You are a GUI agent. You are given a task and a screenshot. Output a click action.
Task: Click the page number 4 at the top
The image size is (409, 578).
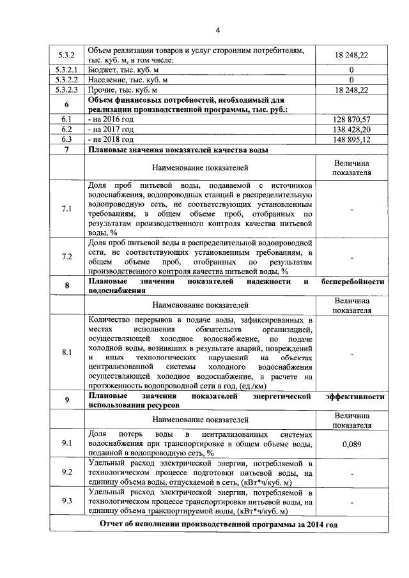click(217, 30)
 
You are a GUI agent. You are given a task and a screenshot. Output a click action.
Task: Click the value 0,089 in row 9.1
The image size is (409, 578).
click(351, 443)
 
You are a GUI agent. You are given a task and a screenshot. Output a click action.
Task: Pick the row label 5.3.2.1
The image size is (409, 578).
click(66, 70)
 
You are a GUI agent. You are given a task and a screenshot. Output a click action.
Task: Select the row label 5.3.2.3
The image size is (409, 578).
click(66, 90)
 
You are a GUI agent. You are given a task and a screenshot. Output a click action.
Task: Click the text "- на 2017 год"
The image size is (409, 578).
click(111, 129)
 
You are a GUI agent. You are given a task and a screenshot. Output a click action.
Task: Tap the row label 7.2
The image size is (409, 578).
click(66, 256)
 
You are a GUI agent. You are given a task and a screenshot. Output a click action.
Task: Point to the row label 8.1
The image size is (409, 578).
click(66, 352)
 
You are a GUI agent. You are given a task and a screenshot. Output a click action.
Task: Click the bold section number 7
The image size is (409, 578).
click(66, 149)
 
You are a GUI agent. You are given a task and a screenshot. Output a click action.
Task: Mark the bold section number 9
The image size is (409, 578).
click(66, 400)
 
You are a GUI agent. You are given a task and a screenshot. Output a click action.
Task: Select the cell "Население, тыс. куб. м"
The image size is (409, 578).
click(128, 80)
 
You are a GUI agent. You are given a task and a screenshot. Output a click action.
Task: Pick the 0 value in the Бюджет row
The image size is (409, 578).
click(351, 70)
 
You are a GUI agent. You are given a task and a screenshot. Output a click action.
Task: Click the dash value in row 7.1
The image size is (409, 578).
click(351, 208)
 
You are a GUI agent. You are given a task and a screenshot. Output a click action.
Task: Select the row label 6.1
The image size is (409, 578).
click(66, 119)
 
